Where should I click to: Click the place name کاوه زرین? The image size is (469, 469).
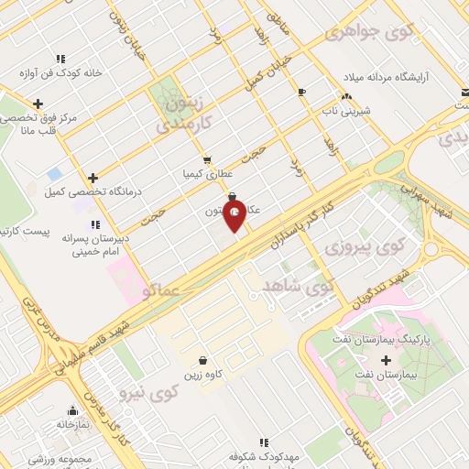click(x=202, y=376)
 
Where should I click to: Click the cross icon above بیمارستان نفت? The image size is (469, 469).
click(x=386, y=360)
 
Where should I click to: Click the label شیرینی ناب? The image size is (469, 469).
click(x=349, y=110)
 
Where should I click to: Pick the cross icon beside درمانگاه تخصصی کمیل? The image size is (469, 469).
click(x=93, y=178)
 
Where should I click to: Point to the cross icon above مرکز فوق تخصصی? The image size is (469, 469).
click(x=38, y=104)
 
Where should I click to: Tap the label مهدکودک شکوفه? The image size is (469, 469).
click(x=267, y=456)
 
